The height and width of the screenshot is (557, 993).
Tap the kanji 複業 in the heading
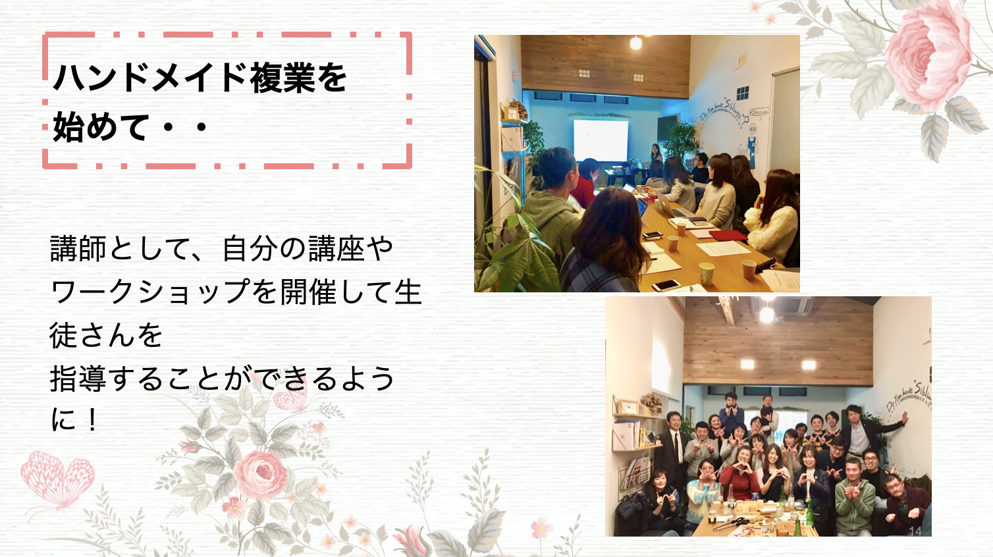(x=282, y=78)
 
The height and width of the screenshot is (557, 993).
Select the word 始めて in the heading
(x=101, y=127)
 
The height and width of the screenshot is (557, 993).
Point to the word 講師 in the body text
(x=78, y=249)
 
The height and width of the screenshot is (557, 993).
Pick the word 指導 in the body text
(x=78, y=379)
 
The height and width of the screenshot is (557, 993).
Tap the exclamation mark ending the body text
(x=92, y=419)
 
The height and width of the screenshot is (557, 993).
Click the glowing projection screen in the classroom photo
(x=601, y=140)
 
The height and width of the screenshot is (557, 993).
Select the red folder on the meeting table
(x=728, y=235)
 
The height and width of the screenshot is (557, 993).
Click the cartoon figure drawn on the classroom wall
(x=751, y=146)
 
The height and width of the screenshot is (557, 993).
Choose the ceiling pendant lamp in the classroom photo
(x=635, y=43)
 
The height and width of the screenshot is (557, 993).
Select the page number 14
(x=915, y=531)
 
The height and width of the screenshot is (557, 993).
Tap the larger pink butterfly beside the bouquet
(x=58, y=479)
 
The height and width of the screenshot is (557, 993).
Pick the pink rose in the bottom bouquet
(x=261, y=475)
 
